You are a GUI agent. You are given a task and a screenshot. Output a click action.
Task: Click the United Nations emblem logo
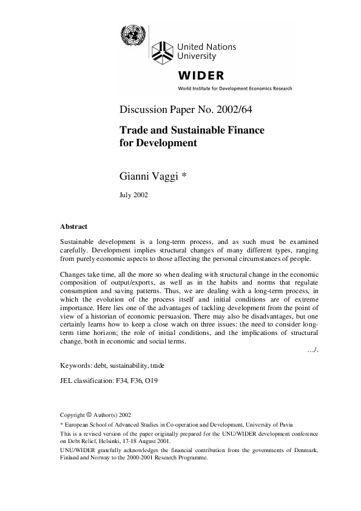[x=130, y=33]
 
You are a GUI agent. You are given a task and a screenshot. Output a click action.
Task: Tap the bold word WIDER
[x=200, y=76]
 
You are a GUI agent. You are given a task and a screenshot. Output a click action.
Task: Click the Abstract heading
[x=73, y=226]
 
